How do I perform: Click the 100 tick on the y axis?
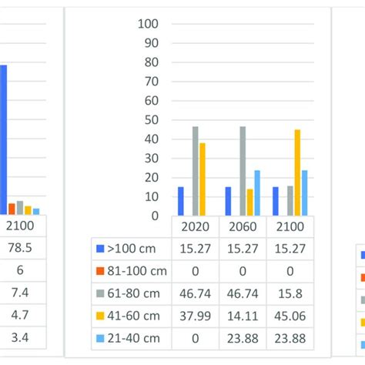(x=148, y=24)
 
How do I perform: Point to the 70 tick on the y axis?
(x=152, y=81)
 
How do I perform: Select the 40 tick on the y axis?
(x=152, y=139)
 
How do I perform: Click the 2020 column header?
(x=196, y=227)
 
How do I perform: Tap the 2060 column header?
(x=243, y=227)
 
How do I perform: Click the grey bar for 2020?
(x=196, y=171)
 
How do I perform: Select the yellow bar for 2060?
(x=250, y=202)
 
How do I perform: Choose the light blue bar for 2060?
(x=257, y=193)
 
